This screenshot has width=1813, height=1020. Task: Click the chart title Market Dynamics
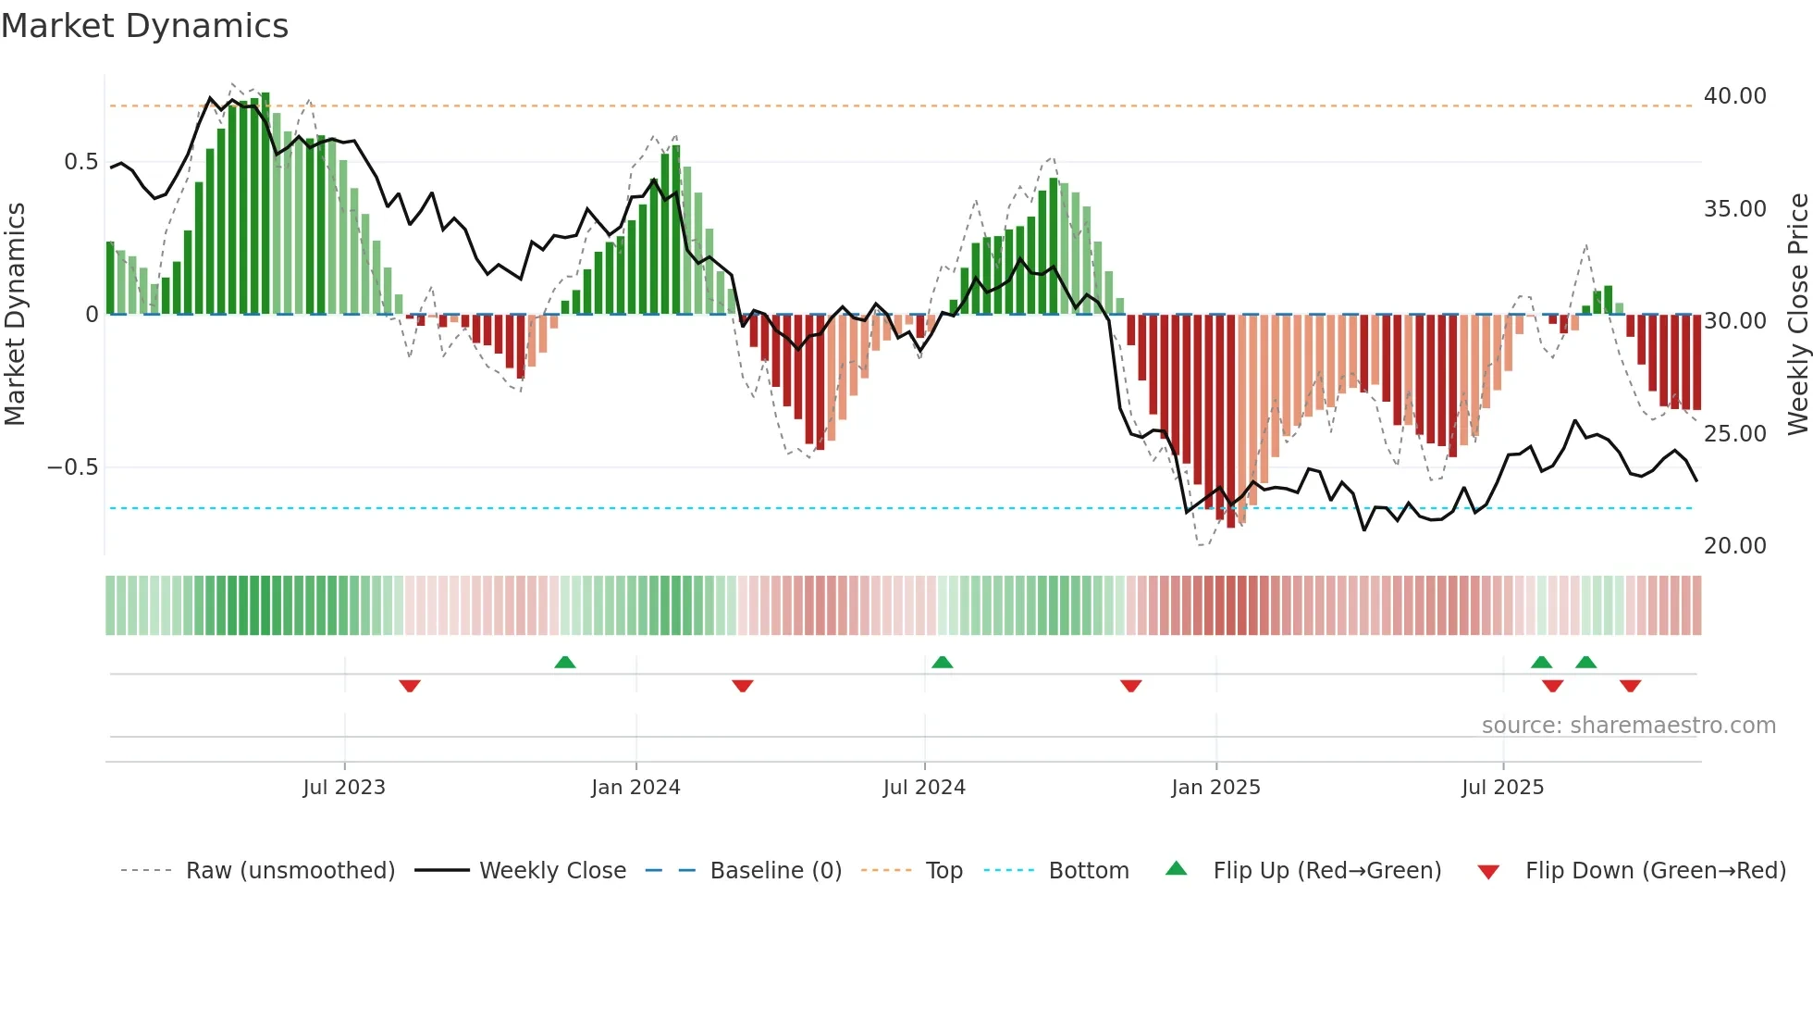pyautogui.click(x=144, y=26)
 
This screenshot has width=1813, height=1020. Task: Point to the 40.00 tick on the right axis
pyautogui.click(x=1734, y=96)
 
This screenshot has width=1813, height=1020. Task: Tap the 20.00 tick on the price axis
pyautogui.click(x=1734, y=546)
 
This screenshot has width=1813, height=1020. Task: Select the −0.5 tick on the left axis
pyautogui.click(x=73, y=467)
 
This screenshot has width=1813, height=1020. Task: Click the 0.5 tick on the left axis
pyautogui.click(x=80, y=162)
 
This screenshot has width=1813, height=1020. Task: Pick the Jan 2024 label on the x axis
pyautogui.click(x=635, y=788)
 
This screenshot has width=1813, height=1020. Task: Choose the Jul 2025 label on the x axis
pyautogui.click(x=1502, y=788)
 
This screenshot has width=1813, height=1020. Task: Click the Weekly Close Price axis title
pyautogui.click(x=1797, y=314)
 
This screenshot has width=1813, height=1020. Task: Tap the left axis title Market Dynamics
pyautogui.click(x=15, y=314)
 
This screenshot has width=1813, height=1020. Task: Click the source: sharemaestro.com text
pyautogui.click(x=1628, y=726)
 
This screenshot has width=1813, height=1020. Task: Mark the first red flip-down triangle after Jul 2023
pyautogui.click(x=410, y=686)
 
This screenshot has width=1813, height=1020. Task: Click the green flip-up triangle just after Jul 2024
pyautogui.click(x=942, y=662)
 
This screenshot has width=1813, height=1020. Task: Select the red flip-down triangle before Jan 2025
pyautogui.click(x=1130, y=686)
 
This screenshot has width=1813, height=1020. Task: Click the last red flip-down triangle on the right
pyautogui.click(x=1630, y=686)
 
